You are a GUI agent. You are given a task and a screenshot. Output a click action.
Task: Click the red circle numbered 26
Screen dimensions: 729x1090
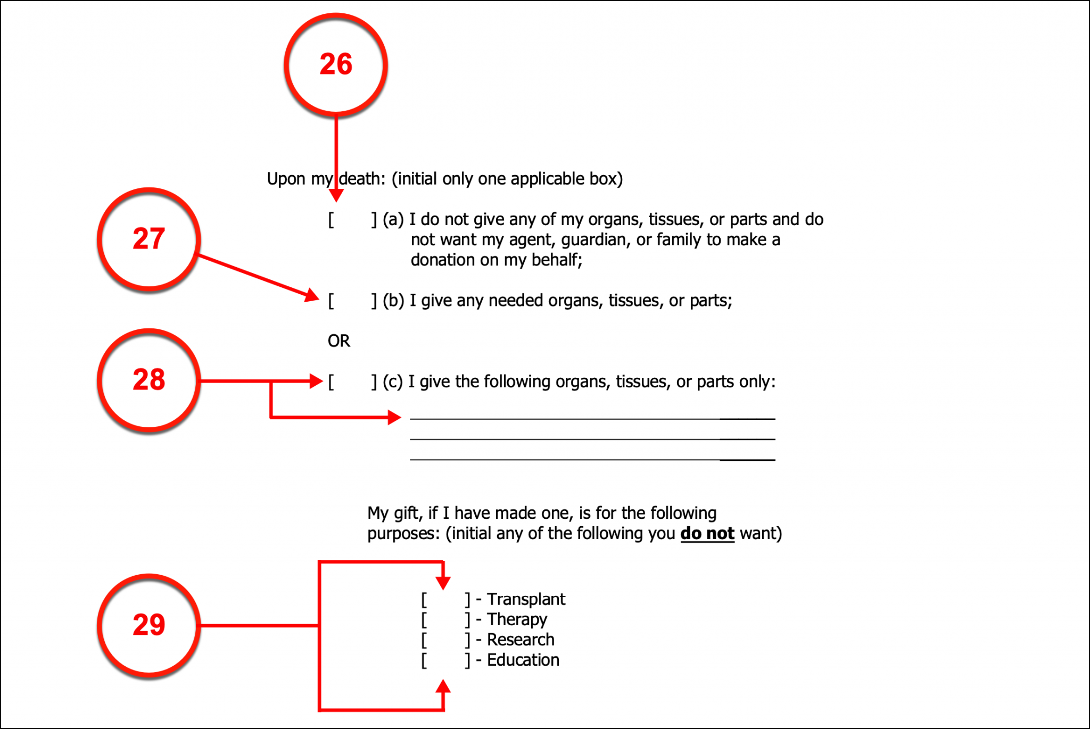pyautogui.click(x=335, y=64)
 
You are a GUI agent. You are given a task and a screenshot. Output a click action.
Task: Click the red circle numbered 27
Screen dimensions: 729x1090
pyautogui.click(x=149, y=239)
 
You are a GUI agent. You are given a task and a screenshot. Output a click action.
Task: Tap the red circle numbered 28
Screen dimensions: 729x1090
pyautogui.click(x=149, y=380)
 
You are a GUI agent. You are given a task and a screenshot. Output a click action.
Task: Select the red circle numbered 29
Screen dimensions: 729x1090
pyautogui.click(x=149, y=625)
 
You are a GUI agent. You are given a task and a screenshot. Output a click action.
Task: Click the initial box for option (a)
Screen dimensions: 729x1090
pyautogui.click(x=352, y=220)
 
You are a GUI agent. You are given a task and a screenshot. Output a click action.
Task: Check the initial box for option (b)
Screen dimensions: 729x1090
pyautogui.click(x=352, y=301)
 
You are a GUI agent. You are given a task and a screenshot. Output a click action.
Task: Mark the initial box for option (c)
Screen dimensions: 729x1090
pyautogui.click(x=352, y=382)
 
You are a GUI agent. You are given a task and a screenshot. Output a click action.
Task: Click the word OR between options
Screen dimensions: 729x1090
pyautogui.click(x=338, y=341)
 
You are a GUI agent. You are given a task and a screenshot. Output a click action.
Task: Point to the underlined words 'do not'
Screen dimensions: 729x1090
pyautogui.click(x=707, y=533)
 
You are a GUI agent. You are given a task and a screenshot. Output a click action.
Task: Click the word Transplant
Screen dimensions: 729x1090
pyautogui.click(x=525, y=600)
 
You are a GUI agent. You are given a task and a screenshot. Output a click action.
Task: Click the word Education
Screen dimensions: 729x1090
pyautogui.click(x=523, y=660)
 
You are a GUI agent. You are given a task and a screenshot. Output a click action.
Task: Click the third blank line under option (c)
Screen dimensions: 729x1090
pyautogui.click(x=592, y=458)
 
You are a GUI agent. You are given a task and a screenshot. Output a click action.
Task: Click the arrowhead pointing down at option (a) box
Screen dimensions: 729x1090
pyautogui.click(x=336, y=195)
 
